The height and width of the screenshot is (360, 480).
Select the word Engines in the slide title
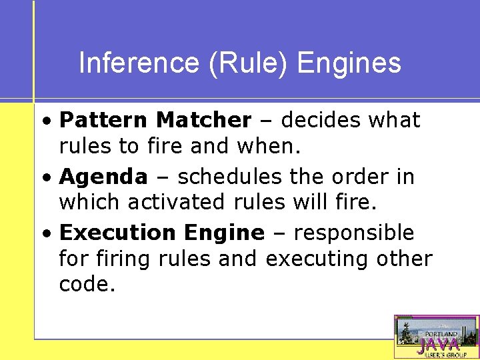pos(349,63)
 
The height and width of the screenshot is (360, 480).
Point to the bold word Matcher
pos(203,121)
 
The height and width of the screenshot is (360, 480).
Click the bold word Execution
pos(117,233)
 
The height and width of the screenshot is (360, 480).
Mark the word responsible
pos(353,233)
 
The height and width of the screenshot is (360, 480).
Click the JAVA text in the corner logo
pos(438,345)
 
